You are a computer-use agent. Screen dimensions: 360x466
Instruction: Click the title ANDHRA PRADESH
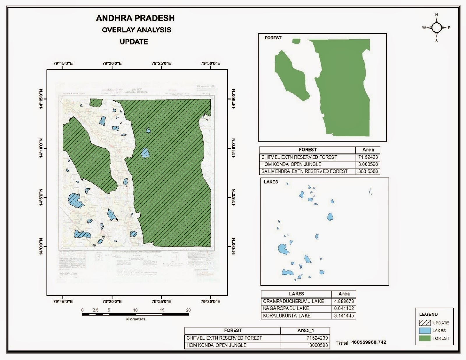click(x=135, y=18)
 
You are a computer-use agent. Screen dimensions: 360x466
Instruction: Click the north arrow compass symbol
click(x=436, y=28)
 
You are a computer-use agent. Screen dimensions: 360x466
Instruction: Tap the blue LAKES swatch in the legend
click(x=425, y=331)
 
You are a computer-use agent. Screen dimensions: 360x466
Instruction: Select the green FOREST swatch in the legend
click(x=425, y=338)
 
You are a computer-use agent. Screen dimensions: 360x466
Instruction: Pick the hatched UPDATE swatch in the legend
click(x=425, y=323)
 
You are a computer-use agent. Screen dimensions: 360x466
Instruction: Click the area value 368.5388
click(x=368, y=171)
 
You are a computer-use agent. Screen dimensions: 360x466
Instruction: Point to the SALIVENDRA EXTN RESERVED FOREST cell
click(x=304, y=171)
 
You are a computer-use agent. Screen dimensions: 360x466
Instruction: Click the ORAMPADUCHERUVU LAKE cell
click(x=293, y=301)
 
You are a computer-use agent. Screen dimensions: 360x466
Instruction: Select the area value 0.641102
click(x=344, y=308)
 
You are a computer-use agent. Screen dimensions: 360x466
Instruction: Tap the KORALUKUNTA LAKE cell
click(x=287, y=315)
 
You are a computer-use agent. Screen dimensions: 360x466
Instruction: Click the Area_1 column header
click(x=306, y=330)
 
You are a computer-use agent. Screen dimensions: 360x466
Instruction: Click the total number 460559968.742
click(x=368, y=342)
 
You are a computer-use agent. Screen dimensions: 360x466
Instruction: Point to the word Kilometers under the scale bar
click(x=135, y=319)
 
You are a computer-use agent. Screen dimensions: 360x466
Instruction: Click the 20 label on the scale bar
click(x=188, y=310)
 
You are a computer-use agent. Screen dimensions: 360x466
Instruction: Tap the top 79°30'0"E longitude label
click(x=210, y=63)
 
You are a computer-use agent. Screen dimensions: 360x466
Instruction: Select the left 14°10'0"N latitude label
click(x=41, y=148)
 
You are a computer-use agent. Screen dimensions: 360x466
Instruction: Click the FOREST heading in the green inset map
click(x=273, y=38)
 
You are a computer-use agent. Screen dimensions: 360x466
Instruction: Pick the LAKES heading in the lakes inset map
click(x=271, y=182)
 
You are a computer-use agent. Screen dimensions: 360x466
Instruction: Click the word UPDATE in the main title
click(x=134, y=42)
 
